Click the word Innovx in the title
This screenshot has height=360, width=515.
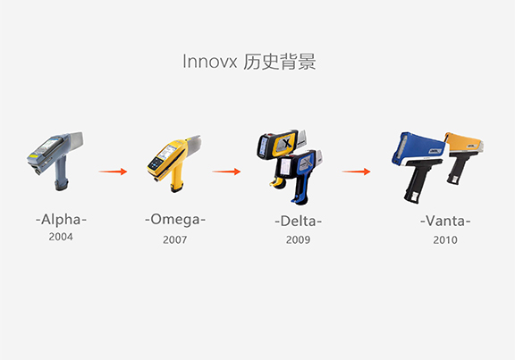[x=209, y=62]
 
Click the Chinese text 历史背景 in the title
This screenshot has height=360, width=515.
[x=280, y=62]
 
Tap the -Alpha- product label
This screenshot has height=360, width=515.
[x=61, y=220]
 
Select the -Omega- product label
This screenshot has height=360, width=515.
[x=175, y=220]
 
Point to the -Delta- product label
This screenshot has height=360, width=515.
[x=299, y=222]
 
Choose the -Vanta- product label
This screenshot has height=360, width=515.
[x=445, y=221]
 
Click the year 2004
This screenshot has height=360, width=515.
[x=61, y=237]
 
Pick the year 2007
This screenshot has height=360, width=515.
[x=174, y=239]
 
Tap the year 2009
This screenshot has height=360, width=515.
[x=298, y=239]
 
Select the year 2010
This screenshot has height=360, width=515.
[x=445, y=240]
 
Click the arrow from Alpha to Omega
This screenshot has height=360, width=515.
[x=113, y=172]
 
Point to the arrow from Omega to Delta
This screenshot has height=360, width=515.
[x=226, y=172]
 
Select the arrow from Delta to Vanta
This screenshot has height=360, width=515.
[x=356, y=172]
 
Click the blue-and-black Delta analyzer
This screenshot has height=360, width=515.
[x=300, y=177]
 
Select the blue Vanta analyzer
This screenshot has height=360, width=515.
[x=418, y=164]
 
